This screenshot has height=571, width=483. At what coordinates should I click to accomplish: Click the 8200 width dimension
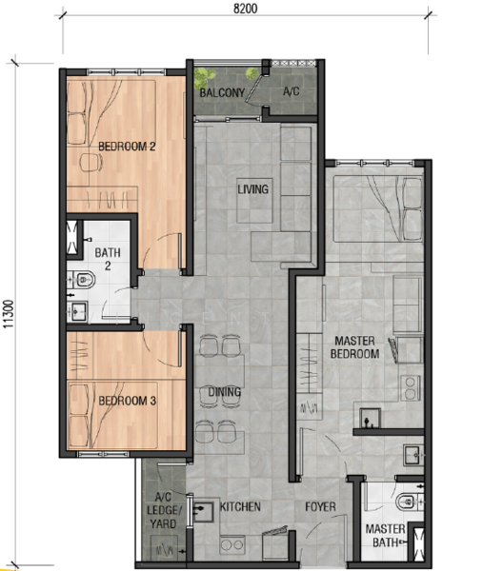246,9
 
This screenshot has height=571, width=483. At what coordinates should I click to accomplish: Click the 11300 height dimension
9,314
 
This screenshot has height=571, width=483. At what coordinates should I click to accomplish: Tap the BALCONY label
222,93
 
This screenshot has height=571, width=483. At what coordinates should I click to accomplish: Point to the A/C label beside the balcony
292,91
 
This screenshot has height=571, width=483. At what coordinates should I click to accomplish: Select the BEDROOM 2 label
127,147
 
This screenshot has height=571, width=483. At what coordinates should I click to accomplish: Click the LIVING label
253,189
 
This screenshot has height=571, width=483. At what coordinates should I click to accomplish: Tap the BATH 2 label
108,259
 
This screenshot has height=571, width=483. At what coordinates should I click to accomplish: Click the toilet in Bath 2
83,280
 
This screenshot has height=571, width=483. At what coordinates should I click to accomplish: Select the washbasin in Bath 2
79,311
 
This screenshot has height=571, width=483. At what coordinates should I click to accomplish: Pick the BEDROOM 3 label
128,401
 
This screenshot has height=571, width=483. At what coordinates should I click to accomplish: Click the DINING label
225,392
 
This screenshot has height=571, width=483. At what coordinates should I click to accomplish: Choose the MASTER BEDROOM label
354,347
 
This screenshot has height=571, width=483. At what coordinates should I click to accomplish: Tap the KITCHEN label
240,506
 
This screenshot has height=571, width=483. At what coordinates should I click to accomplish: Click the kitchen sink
203,512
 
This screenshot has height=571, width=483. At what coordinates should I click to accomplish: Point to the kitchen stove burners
232,545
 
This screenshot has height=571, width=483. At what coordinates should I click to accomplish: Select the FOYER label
320,506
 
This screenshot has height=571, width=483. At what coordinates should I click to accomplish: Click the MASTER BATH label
385,535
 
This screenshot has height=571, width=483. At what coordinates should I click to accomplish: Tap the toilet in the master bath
409,502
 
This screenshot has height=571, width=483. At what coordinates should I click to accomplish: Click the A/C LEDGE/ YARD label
163,510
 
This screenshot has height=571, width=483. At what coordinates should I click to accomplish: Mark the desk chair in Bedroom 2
91,163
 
